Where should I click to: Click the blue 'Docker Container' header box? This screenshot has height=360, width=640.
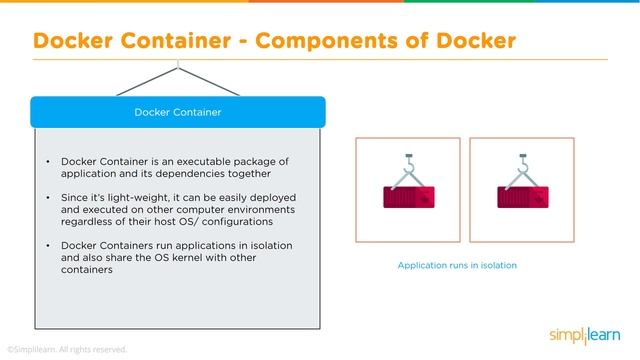[178, 112]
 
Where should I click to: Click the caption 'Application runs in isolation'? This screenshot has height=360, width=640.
[457, 266]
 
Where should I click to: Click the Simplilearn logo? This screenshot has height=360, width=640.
[587, 333]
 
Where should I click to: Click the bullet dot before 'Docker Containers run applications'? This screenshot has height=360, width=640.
[47, 247]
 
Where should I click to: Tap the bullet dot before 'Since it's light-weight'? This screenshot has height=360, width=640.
[47, 199]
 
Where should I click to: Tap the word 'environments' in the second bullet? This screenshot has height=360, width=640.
[259, 211]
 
